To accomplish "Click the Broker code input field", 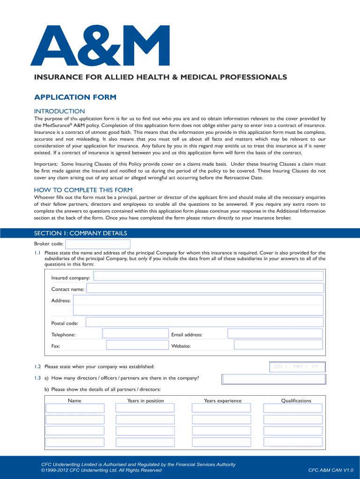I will [x=98, y=244].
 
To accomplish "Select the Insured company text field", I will [x=208, y=276].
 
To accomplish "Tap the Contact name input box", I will [x=205, y=289].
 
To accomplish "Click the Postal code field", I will [x=205, y=322].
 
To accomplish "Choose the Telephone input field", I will [x=135, y=334].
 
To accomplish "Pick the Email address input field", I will [x=275, y=334].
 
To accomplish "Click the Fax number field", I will [x=137, y=345].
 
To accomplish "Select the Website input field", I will [x=278, y=345].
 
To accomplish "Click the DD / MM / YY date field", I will [x=297, y=367].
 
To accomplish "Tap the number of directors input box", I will [x=274, y=378].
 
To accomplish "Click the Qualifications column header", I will [x=296, y=401].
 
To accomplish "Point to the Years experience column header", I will [x=223, y=401].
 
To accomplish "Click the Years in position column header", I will [x=145, y=401].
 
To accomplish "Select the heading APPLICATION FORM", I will [x=75, y=97].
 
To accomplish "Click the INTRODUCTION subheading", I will [x=59, y=111].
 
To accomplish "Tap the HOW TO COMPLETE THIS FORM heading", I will [x=83, y=190].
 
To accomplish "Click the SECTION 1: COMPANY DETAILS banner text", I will [x=80, y=233].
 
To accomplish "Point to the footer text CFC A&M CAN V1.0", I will [x=331, y=470].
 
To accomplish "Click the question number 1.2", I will [x=37, y=367].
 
